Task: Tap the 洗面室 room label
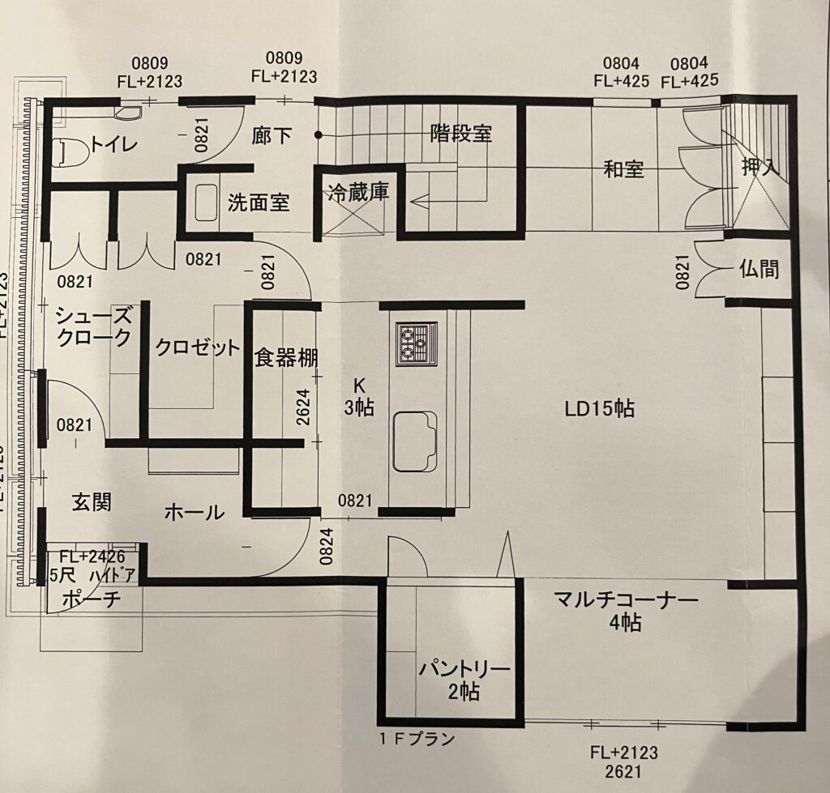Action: (259, 203)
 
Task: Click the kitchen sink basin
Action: (415, 441)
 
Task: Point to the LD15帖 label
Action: (599, 408)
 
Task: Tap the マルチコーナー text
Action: (626, 600)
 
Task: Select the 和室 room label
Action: (623, 170)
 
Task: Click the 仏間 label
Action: (759, 269)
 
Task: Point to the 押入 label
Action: (761, 168)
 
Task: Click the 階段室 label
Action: (460, 133)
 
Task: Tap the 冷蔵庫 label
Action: (358, 193)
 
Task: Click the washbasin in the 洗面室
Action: (206, 203)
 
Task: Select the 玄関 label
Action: (92, 502)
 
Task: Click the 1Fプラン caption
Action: (417, 739)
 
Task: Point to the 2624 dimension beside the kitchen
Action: (303, 408)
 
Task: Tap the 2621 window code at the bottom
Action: (623, 772)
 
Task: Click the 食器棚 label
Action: (286, 358)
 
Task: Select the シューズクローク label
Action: (93, 327)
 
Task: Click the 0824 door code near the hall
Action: (327, 546)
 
